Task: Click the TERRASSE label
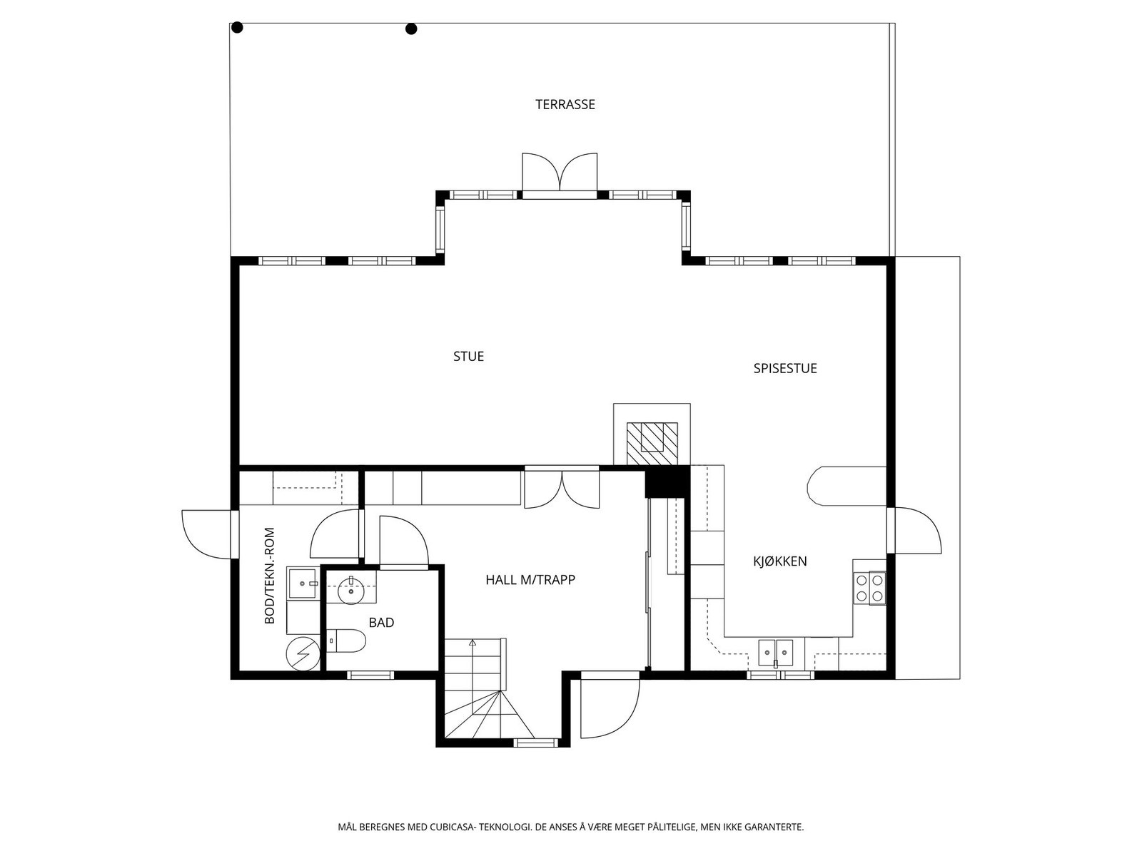tap(565, 105)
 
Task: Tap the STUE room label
tap(468, 357)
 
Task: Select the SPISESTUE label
tap(785, 369)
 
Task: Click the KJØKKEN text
tap(780, 561)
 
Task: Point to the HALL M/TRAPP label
tap(530, 580)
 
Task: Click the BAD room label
tap(381, 623)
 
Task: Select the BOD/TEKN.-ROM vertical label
tap(270, 576)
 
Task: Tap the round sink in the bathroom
tap(351, 590)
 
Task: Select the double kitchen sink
tap(775, 651)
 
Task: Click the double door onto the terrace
tap(560, 173)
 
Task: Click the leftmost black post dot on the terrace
tap(238, 28)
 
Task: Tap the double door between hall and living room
tap(562, 489)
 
